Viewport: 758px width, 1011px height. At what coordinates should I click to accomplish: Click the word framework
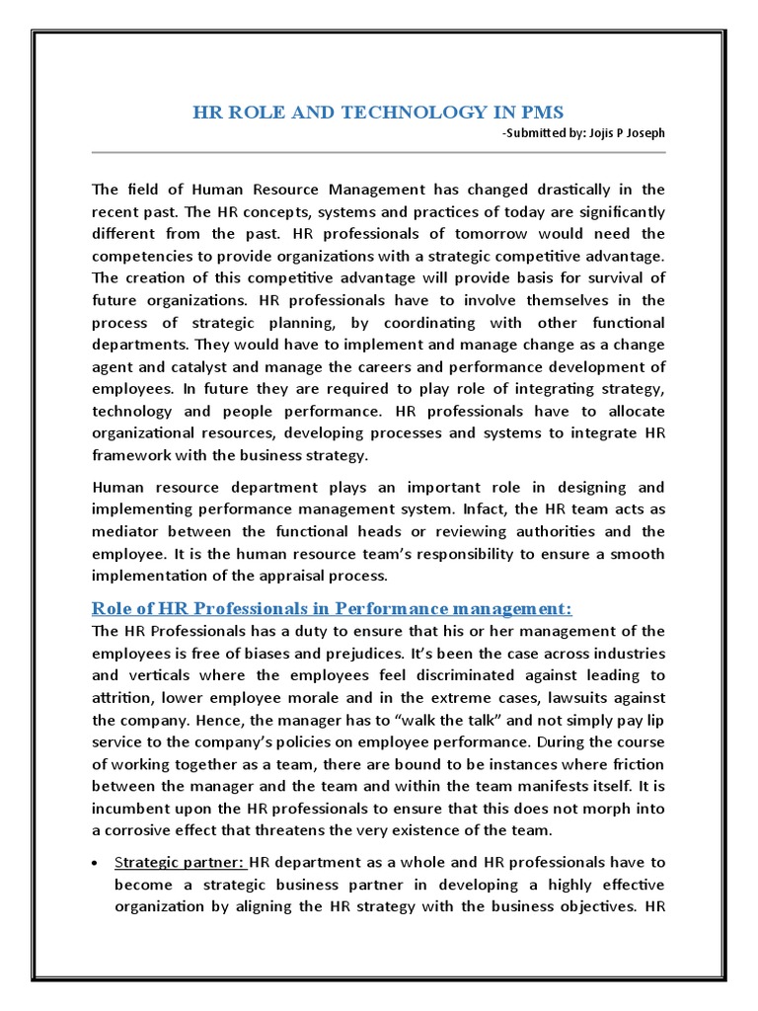pyautogui.click(x=133, y=455)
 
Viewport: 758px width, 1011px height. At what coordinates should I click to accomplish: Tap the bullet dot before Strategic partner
pyautogui.click(x=94, y=863)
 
